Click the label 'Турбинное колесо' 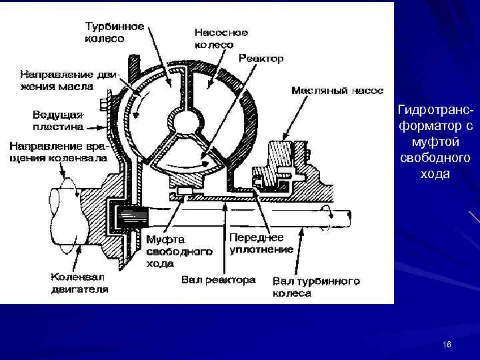pos(114,32)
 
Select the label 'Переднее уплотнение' pos(261,243)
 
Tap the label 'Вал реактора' pos(218,280)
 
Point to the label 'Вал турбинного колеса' pos(315,287)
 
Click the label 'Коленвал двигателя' pos(79,283)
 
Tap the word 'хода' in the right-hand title pos(434,174)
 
